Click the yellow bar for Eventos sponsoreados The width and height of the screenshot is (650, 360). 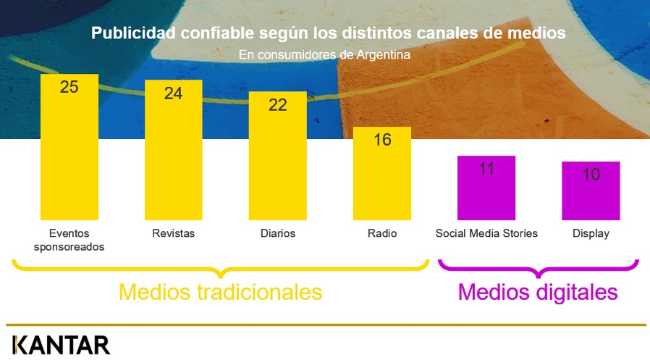pos(69,147)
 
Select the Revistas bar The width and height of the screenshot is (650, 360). pos(174,150)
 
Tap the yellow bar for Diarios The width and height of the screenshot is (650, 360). pos(278,156)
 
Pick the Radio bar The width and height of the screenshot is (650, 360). pos(382,173)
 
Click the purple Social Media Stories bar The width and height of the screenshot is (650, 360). pos(486,188)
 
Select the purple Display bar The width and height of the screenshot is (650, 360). pos(591,191)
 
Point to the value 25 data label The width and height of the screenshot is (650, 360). pos(69,87)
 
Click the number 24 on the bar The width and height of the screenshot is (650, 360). pos(173,93)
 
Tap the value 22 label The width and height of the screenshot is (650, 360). pos(278,105)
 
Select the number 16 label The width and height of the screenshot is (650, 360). pos(382,140)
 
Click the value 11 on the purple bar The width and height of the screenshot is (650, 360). pos(486,169)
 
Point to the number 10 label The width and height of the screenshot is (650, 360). pos(591,175)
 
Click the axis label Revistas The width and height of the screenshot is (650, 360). pos(173,233)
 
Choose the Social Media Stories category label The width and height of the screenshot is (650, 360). pos(486,233)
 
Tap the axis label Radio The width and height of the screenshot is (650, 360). pos(382,233)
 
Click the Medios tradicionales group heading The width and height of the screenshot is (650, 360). pos(221,292)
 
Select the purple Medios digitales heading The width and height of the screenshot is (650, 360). pos(538,293)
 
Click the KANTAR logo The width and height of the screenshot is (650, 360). pos(62,345)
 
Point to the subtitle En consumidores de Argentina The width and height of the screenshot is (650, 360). pos(324,55)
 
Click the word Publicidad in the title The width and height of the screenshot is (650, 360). pos(133,33)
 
